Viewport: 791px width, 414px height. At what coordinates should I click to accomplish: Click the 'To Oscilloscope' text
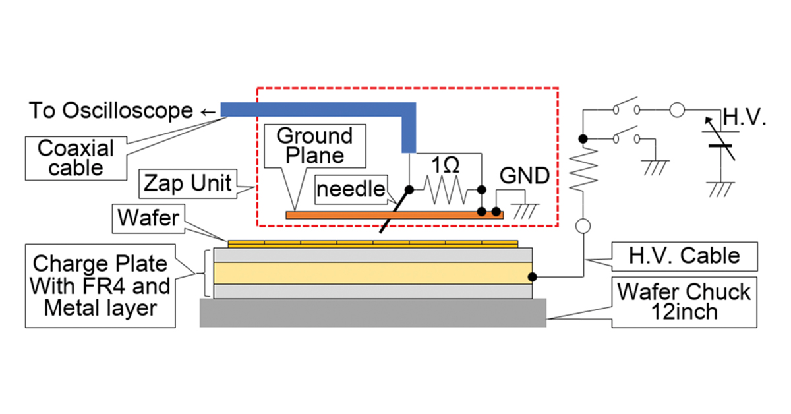111,111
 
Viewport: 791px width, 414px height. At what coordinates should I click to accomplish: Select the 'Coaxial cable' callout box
76,159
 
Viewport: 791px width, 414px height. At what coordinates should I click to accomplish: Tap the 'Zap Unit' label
188,184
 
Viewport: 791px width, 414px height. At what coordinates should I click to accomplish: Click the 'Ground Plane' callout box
315,146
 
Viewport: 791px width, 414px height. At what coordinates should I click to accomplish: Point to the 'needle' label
351,190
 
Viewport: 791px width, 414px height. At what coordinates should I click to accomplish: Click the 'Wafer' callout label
148,218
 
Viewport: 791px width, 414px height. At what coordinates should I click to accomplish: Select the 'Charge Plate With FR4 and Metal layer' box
100,286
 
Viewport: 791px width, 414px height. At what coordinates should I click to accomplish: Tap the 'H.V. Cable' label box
684,256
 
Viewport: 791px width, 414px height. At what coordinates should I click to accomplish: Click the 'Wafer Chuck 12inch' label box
684,303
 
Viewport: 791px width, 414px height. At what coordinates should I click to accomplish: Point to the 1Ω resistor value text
446,165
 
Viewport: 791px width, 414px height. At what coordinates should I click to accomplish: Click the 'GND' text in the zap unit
525,175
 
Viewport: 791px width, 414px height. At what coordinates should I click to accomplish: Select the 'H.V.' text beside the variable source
744,117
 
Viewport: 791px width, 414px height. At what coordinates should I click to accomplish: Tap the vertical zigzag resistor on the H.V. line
583,169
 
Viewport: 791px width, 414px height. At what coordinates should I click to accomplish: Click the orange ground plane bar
395,215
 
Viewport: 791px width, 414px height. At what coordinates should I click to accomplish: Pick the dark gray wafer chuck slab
373,313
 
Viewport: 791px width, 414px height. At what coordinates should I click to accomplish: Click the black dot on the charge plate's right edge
532,277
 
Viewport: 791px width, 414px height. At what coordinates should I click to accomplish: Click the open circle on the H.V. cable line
583,226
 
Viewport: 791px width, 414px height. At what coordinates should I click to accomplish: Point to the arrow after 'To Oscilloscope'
208,112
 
